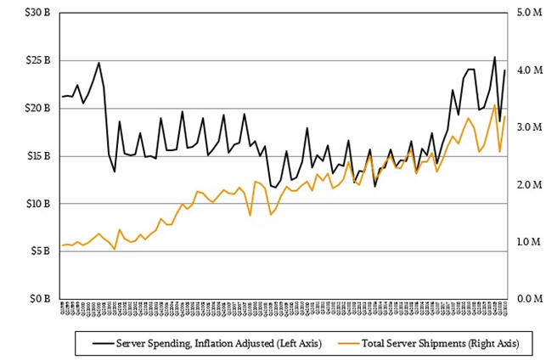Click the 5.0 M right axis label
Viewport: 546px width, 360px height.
click(526, 14)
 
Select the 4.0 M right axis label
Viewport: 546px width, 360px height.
click(526, 70)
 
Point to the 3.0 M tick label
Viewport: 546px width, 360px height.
click(526, 127)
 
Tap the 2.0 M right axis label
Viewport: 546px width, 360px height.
click(526, 185)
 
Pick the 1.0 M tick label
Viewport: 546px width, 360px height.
click(526, 242)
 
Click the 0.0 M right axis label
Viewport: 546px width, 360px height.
click(526, 299)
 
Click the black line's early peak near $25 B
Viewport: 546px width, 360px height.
click(99, 62)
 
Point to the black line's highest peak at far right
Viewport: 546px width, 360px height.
click(494, 57)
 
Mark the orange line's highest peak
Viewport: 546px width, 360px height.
click(494, 105)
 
